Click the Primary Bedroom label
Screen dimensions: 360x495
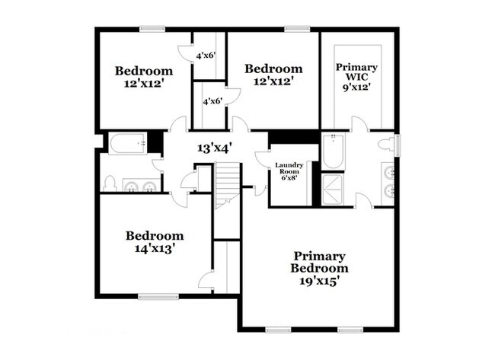(320, 262)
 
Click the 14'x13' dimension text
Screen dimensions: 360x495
(155, 248)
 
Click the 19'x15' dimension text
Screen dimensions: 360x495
(320, 281)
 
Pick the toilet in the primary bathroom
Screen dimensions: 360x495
(390, 144)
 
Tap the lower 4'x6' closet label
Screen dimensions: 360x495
(212, 101)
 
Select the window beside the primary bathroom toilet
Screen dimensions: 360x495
(397, 144)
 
